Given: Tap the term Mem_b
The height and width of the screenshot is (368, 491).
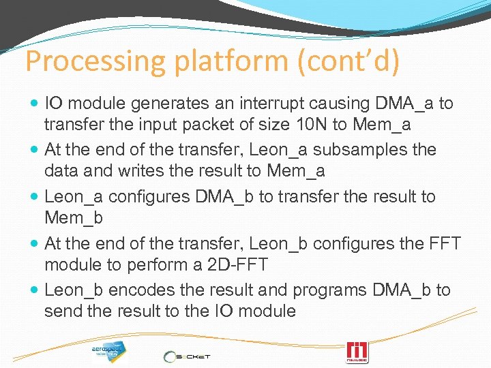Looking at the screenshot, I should pyautogui.click(x=73, y=219).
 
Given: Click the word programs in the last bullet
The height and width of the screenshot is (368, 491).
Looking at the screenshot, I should pyautogui.click(x=331, y=290).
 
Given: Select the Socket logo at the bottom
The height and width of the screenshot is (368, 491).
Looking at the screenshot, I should pyautogui.click(x=188, y=356).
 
